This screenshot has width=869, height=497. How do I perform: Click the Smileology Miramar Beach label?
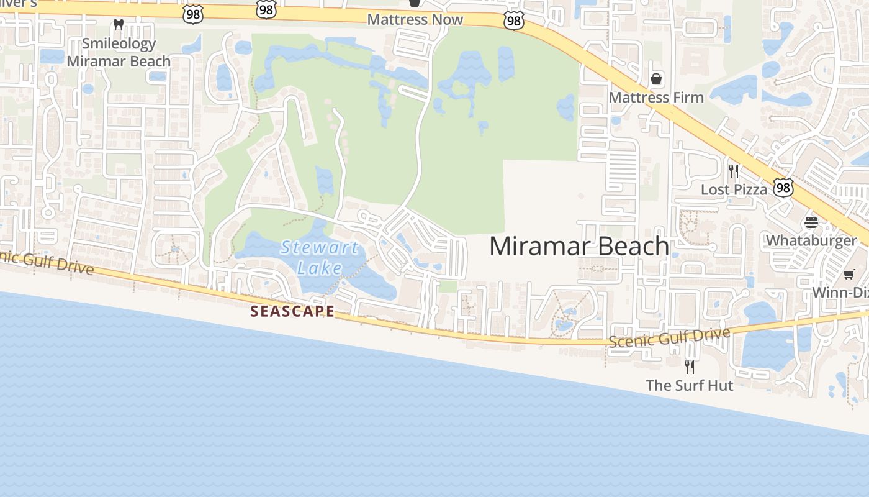(119, 52)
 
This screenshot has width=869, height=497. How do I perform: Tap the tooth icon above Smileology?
(119, 25)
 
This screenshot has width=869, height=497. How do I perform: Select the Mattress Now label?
(415, 19)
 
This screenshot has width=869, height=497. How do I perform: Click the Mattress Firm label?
(656, 98)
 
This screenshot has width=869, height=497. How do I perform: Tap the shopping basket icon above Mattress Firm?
(656, 79)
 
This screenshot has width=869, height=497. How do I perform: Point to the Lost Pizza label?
(734, 189)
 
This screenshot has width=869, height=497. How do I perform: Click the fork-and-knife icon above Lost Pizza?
(734, 171)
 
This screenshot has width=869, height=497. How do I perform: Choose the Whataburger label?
(811, 240)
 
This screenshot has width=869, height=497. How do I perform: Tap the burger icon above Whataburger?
(811, 222)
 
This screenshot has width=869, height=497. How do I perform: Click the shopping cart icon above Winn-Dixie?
(849, 274)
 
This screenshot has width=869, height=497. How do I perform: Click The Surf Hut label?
(690, 385)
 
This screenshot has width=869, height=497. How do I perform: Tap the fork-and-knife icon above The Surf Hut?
(690, 367)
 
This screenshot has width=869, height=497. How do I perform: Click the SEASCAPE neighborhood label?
(292, 311)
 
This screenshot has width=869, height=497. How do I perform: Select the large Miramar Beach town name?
(579, 246)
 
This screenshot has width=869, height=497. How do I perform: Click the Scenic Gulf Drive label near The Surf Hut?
(669, 339)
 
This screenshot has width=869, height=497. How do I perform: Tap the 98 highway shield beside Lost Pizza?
(783, 188)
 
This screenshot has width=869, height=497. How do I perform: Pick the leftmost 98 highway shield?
(193, 15)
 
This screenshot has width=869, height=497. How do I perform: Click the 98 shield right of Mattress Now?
(514, 21)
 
